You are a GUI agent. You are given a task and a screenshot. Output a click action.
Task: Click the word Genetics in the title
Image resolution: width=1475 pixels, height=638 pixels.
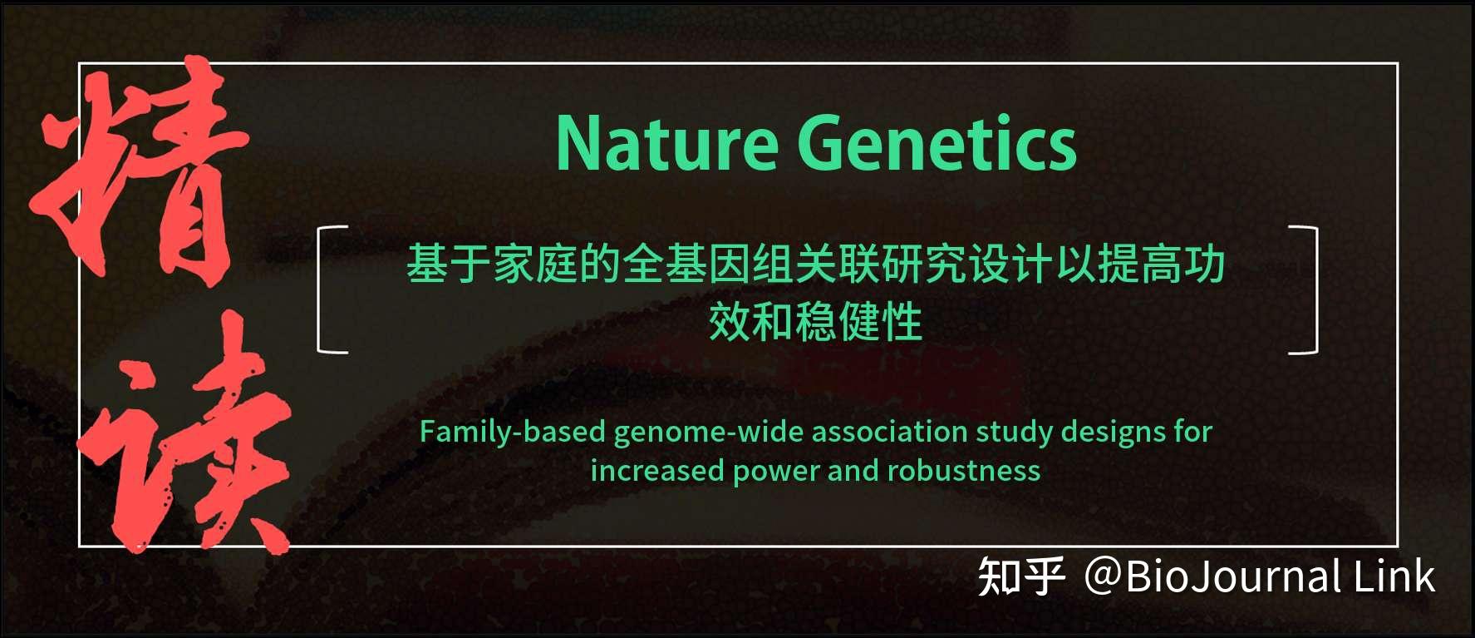(x=937, y=145)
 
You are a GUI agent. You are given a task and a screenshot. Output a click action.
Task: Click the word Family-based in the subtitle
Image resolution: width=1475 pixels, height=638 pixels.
(x=512, y=433)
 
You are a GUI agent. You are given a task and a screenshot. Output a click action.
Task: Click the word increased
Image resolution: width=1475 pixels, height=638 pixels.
(x=657, y=472)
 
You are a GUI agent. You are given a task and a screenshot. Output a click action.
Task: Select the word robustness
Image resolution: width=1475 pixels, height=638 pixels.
(x=964, y=472)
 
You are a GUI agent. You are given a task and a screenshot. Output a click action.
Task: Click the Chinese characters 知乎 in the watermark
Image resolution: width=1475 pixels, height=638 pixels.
(x=1021, y=577)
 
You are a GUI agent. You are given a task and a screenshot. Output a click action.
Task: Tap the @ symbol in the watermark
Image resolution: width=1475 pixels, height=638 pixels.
(x=1103, y=576)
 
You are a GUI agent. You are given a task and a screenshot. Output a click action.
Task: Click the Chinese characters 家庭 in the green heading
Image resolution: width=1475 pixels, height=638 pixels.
(x=536, y=265)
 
